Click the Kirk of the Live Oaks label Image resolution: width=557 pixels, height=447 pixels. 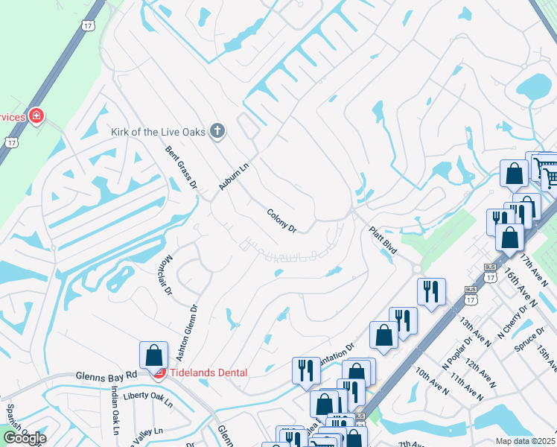click(x=158, y=132)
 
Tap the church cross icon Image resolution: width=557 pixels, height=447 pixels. click(x=217, y=132)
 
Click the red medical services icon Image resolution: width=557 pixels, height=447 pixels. click(x=35, y=116)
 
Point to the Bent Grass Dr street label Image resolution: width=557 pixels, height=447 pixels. click(x=181, y=167)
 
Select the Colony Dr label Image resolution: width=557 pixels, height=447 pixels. click(x=282, y=221)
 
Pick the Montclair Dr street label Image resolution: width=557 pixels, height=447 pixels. click(x=166, y=275)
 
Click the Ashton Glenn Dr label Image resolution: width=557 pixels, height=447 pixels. click(x=183, y=329)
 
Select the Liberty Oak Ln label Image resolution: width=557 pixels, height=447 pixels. click(x=147, y=399)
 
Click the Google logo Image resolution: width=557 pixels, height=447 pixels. click(x=25, y=438)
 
